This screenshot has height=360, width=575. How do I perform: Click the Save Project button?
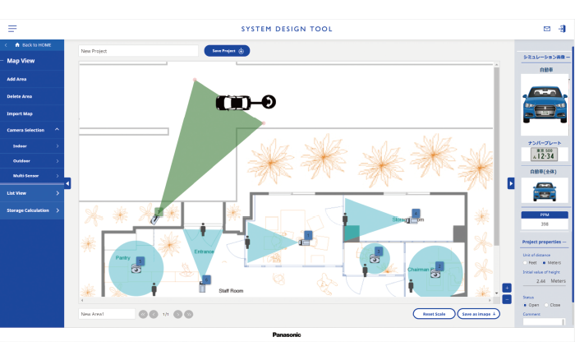pyautogui.click(x=227, y=51)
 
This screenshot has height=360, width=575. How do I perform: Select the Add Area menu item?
pyautogui.click(x=18, y=79)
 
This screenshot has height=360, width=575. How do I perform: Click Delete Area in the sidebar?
pyautogui.click(x=20, y=96)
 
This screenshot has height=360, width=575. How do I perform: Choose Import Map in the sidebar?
pyautogui.click(x=20, y=113)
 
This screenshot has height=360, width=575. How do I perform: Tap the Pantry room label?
pyautogui.click(x=122, y=258)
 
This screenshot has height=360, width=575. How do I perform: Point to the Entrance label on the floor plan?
pyautogui.click(x=204, y=252)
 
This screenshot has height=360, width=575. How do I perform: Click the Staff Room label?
pyautogui.click(x=231, y=291)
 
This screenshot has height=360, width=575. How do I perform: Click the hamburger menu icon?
pyautogui.click(x=12, y=29)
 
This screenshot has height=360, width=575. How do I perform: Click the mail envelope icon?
pyautogui.click(x=547, y=29)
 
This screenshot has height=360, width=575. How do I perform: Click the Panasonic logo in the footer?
pyautogui.click(x=287, y=335)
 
